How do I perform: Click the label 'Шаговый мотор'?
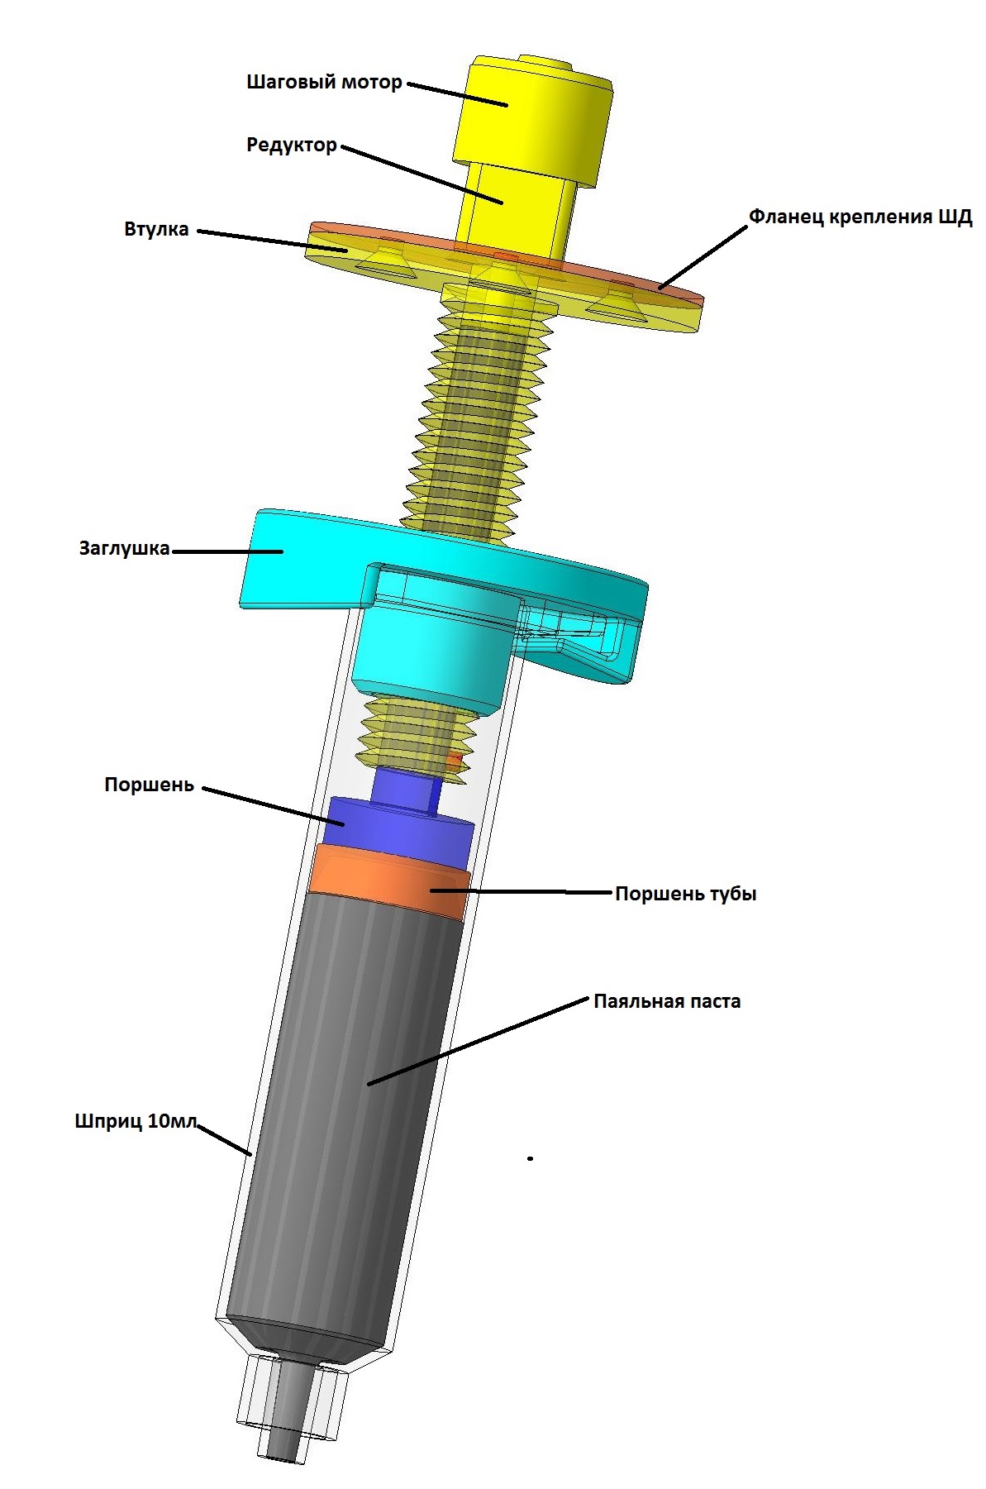point(324,83)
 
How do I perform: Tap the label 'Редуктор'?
point(292,146)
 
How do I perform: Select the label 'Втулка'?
point(156,229)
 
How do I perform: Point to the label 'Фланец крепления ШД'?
point(860,217)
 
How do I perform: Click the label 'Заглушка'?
point(124,548)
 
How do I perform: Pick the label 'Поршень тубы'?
point(685,894)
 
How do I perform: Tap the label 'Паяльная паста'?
point(667,1001)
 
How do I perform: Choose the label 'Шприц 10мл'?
point(136,1122)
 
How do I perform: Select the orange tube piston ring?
point(388,882)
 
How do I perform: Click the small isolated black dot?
point(530,1158)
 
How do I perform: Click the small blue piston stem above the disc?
point(404,788)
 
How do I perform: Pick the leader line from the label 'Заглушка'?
point(226,551)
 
